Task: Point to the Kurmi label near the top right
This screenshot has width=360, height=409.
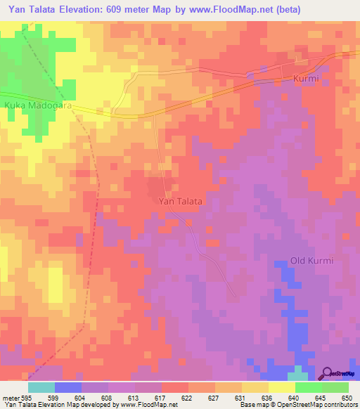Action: [x=306, y=79]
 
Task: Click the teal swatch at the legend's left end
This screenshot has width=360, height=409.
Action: [x=41, y=387]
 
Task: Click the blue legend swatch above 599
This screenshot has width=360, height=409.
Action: [x=68, y=387]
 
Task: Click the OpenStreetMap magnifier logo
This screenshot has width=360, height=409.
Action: [x=327, y=375]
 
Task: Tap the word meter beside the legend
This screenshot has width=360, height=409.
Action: [x=10, y=397]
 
